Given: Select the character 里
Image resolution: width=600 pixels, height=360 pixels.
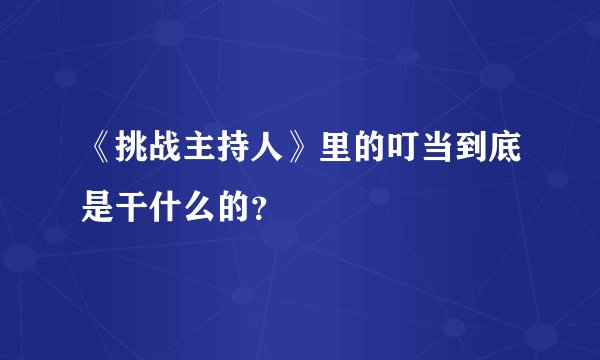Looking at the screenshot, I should tap(337, 149).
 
